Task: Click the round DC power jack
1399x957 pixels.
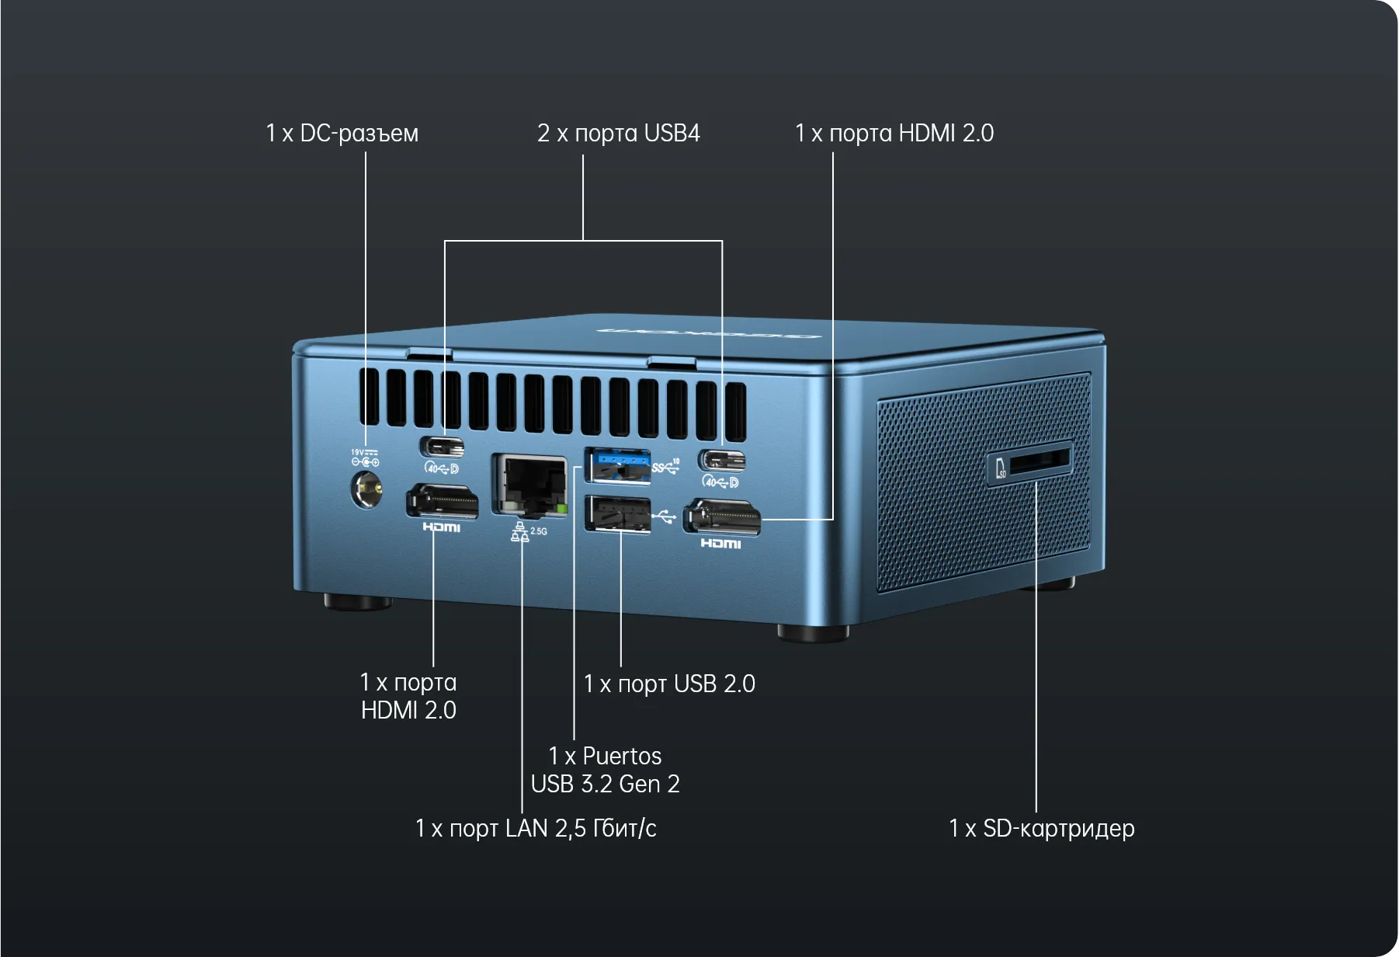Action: (367, 490)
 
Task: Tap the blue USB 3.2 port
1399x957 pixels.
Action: (617, 466)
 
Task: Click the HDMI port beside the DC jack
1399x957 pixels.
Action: (442, 502)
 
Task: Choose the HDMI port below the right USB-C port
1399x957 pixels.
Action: (721, 517)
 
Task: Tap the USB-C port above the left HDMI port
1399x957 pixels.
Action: (443, 447)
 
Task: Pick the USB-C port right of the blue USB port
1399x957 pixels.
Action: (722, 461)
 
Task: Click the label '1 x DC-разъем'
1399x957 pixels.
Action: (342, 134)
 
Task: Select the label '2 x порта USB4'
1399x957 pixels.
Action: (619, 134)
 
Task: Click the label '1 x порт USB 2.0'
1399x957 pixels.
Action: (669, 684)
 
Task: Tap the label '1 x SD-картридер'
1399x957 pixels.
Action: (1042, 829)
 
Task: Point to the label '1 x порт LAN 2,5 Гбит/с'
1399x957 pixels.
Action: (536, 829)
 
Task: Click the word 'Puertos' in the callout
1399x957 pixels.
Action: (622, 756)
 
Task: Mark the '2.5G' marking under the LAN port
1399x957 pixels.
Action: (539, 531)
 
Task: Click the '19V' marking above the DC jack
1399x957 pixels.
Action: (357, 452)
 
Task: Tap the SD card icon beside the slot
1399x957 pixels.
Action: (1001, 468)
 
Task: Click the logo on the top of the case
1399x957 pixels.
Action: (709, 334)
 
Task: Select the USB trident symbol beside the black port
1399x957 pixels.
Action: (665, 516)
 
